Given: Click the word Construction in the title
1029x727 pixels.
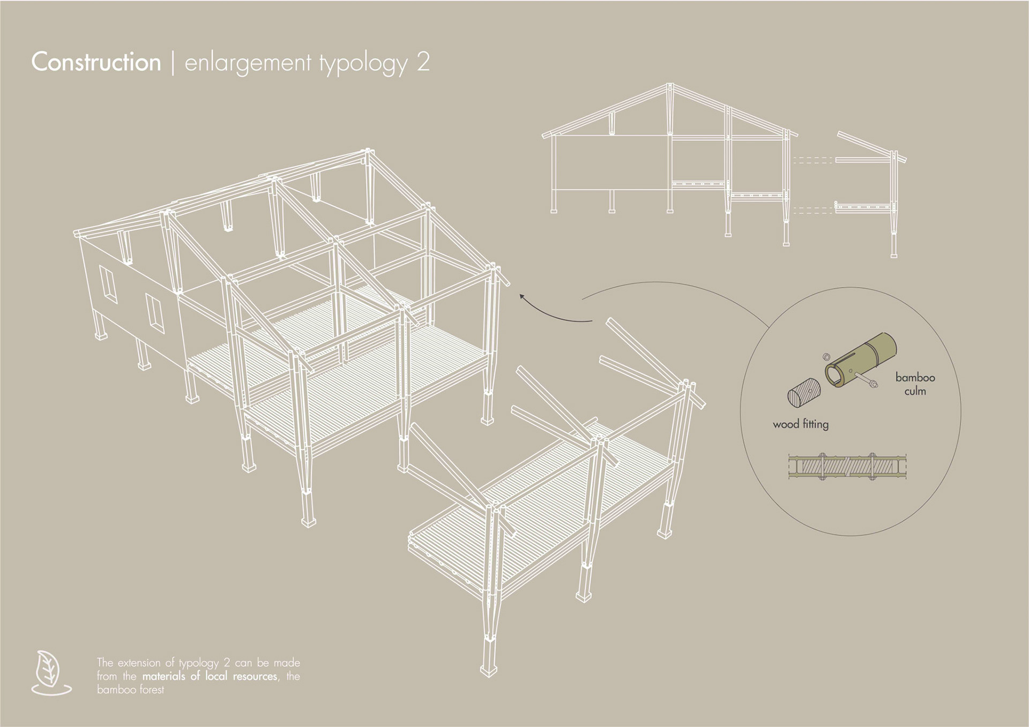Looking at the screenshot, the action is coord(96,62).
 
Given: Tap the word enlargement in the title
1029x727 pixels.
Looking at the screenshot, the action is coord(248,63).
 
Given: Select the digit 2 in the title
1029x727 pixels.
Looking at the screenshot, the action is coord(422,62).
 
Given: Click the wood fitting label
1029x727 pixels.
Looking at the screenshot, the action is coord(800,424).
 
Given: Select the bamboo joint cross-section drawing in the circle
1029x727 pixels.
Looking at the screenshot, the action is coord(847,467).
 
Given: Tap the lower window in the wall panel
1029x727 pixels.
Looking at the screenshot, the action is coord(155,313).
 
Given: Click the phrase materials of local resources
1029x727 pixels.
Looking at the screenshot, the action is coord(210,676).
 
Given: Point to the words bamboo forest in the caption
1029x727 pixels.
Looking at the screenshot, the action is coord(130,689).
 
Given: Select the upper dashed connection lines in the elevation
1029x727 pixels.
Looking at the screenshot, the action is coord(812,160).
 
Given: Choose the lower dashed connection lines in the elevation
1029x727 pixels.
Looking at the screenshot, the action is coord(812,211).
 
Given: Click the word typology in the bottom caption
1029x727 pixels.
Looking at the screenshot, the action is coord(198,663).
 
